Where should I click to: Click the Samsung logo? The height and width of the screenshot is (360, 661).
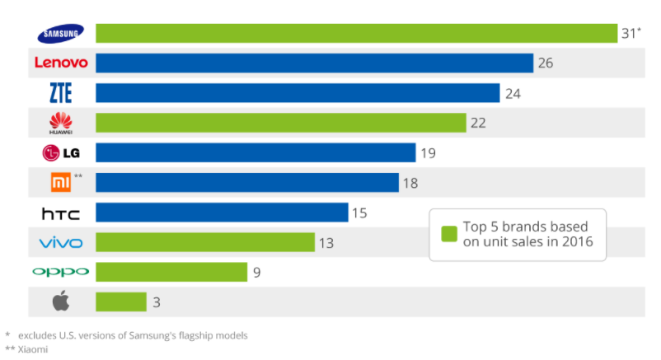pos(61,33)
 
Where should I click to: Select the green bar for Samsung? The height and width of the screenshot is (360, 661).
pos(356,33)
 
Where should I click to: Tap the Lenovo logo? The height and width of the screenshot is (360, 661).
pos(61,63)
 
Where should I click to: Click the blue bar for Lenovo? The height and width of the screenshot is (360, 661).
pos(314,63)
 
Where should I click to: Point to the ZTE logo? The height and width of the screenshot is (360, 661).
pos(61,93)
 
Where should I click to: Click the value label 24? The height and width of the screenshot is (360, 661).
pos(513,93)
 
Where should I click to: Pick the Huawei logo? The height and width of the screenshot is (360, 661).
pos(61,124)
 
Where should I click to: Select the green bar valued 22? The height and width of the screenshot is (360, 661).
pos(281,123)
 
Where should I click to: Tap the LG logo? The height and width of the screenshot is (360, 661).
pos(61,153)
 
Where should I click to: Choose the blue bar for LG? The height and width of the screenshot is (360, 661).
pos(255,152)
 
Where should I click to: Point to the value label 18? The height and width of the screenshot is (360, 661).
pos(410,183)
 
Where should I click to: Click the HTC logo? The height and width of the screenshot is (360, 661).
pos(61,213)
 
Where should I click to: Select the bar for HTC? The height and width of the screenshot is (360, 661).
pos(222,213)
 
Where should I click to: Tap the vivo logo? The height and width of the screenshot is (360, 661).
pos(61,242)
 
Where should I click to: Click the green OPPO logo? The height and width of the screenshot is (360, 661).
pos(61,272)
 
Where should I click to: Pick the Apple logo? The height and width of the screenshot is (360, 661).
pos(61,302)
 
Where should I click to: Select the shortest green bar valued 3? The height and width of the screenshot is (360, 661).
pos(121,302)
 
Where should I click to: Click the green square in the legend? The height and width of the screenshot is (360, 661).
pos(448,235)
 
